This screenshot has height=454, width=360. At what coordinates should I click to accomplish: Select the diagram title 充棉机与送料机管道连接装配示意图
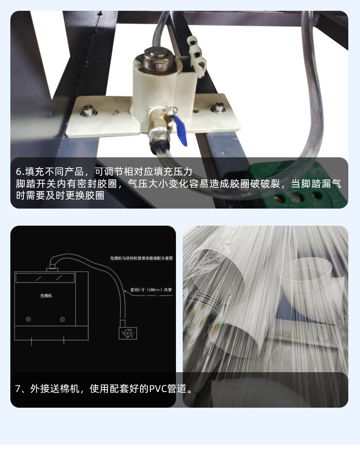142,258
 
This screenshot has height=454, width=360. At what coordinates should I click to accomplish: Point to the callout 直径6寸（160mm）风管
151,290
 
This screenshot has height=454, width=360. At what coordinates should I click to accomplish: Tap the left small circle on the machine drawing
28,319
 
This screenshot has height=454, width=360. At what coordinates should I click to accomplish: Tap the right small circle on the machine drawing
62,319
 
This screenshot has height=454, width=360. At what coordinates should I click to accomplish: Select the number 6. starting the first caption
19,172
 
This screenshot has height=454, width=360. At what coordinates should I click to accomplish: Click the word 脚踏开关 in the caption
32,184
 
